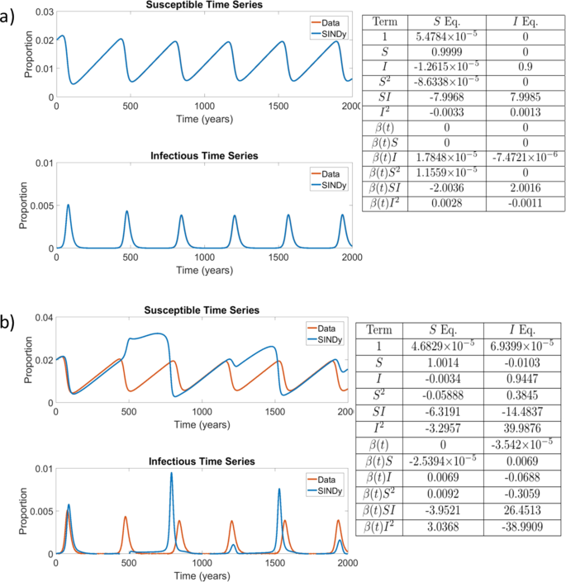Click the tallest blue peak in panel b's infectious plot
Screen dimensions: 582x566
[172, 474]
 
